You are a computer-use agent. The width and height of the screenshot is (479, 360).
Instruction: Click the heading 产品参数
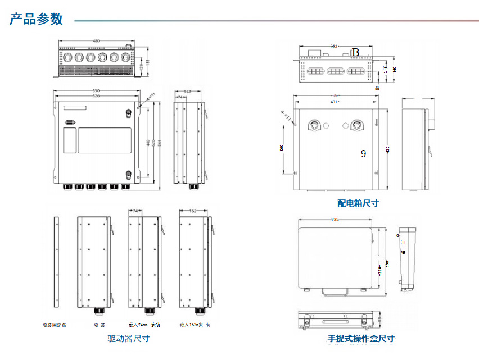(36, 19)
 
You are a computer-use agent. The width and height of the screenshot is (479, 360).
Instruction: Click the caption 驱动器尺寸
(129, 339)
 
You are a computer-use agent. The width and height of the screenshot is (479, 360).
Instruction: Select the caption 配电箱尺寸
(358, 203)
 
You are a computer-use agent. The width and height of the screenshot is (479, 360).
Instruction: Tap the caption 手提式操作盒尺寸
(361, 339)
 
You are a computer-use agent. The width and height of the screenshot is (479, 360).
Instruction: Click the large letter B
(355, 52)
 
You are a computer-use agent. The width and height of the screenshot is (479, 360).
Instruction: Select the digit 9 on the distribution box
(363, 153)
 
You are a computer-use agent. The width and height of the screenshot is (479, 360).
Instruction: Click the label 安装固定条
(55, 325)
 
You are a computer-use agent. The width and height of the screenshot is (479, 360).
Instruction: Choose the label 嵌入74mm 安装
(144, 325)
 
